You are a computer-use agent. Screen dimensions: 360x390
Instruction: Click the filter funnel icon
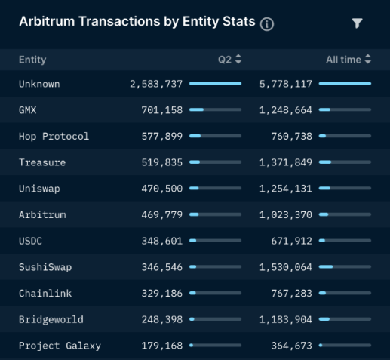pyautogui.click(x=358, y=23)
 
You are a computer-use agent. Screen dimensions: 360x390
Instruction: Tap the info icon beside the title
pyautogui.click(x=267, y=24)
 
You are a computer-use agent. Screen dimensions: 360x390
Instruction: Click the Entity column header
pyautogui.click(x=32, y=59)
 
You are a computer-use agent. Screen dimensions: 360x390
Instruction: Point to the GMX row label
pyautogui.click(x=29, y=109)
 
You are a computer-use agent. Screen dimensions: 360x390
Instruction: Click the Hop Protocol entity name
pyautogui.click(x=54, y=136)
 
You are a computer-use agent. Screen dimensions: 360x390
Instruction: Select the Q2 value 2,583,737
pyautogui.click(x=156, y=84)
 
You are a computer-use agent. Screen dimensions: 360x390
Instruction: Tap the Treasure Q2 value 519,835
pyautogui.click(x=161, y=162)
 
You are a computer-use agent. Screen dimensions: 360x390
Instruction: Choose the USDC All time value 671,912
pyautogui.click(x=291, y=241)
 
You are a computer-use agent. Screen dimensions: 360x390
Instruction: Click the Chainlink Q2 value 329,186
pyautogui.click(x=161, y=293)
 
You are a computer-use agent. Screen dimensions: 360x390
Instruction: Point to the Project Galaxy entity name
pyautogui.click(x=60, y=346)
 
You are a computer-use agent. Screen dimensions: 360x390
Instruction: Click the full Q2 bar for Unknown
pyautogui.click(x=215, y=84)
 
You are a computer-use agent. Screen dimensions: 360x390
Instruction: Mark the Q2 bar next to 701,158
pyautogui.click(x=215, y=110)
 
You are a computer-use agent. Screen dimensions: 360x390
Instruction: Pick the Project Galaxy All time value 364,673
pyautogui.click(x=291, y=346)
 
